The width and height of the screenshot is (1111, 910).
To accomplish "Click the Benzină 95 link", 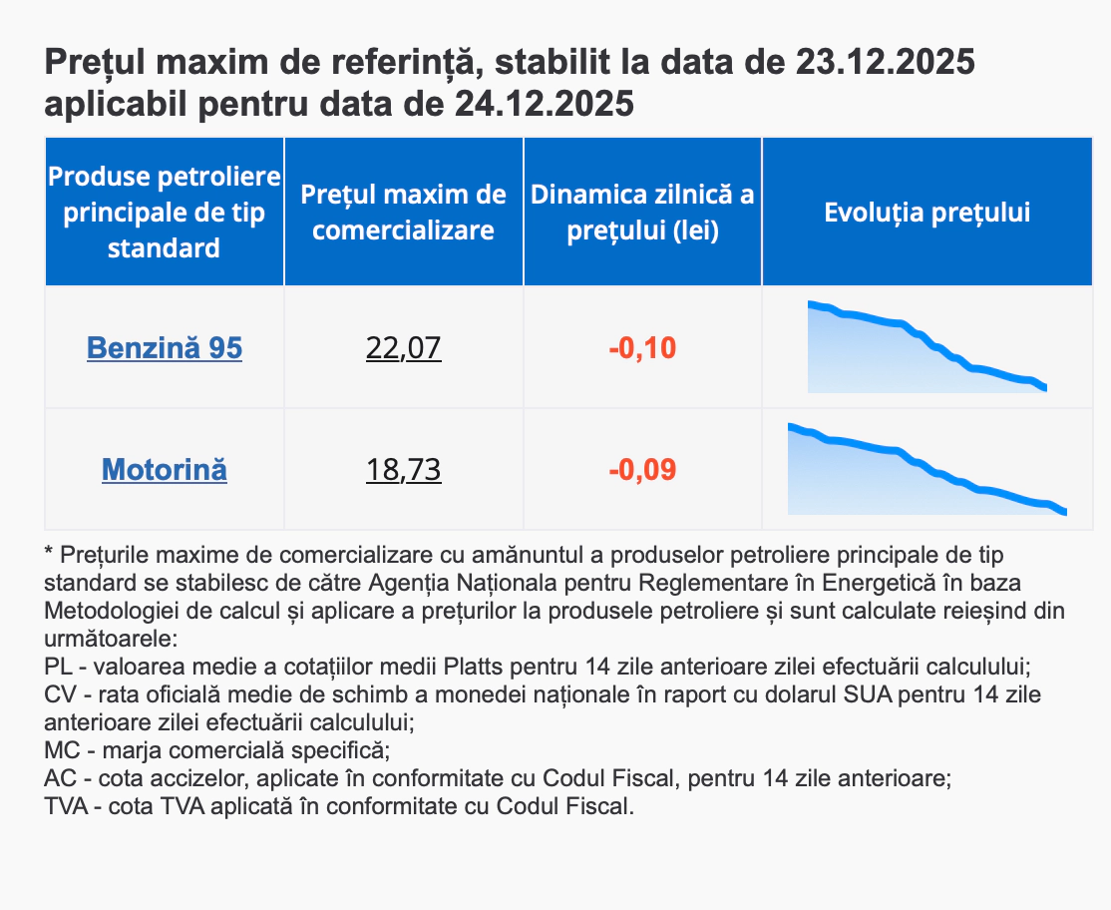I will click(165, 348).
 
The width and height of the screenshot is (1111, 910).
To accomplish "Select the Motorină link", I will click(165, 469).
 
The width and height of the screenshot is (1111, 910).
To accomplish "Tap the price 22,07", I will click(403, 348).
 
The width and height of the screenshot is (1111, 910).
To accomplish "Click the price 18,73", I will click(403, 469).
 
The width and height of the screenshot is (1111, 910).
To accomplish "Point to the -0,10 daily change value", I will click(642, 348).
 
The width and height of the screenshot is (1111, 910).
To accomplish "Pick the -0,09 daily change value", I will click(642, 469).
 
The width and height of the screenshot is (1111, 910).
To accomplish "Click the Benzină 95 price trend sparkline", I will click(926, 349).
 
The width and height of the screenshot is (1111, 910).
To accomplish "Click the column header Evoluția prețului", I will click(926, 213).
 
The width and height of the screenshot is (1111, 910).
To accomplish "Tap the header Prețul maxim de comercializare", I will click(403, 213).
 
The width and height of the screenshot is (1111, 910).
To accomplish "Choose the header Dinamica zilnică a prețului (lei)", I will click(642, 213).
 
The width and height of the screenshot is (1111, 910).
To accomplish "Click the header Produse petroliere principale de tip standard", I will click(165, 213).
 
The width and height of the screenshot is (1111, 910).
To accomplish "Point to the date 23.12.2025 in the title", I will click(885, 63).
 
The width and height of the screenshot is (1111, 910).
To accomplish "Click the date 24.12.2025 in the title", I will click(544, 103).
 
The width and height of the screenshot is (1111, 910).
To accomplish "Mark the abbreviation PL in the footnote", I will click(59, 666).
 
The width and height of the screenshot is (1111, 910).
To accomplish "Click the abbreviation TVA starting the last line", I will click(67, 805).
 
